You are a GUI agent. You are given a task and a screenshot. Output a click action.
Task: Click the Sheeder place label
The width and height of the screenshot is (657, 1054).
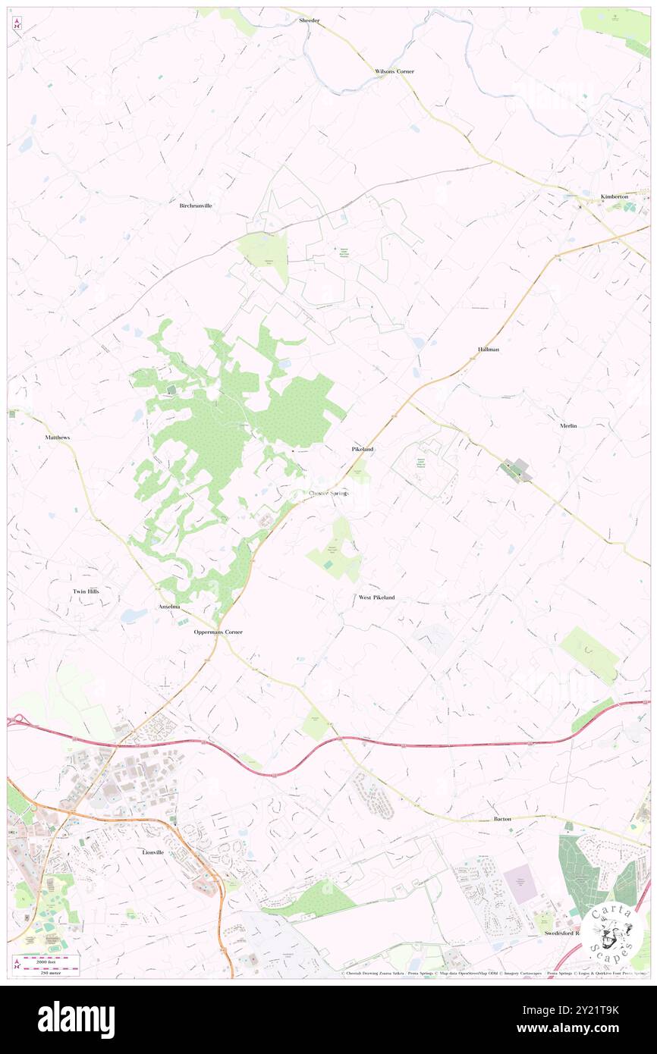click(309, 20)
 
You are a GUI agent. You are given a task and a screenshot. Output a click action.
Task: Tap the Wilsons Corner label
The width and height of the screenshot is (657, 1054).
click(395, 71)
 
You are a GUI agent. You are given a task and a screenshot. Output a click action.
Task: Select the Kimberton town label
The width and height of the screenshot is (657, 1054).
click(615, 196)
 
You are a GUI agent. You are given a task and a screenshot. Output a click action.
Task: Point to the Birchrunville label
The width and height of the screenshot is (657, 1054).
click(195, 205)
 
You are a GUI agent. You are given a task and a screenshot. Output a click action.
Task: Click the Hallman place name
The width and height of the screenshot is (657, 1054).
click(489, 349)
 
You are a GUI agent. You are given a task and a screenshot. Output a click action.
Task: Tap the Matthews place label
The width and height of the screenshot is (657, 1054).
click(57, 438)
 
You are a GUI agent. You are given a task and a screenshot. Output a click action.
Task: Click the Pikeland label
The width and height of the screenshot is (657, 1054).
click(363, 450)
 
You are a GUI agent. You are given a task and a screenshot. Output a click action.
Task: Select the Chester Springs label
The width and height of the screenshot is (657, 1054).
click(329, 494)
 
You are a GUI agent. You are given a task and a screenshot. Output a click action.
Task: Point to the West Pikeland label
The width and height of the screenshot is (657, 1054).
click(376, 598)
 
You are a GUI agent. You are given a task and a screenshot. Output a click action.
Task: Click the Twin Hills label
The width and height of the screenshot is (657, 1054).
click(86, 591)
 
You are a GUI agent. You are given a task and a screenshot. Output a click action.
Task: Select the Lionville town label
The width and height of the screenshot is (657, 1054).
click(153, 852)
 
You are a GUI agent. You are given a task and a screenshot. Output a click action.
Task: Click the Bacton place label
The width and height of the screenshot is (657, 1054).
click(502, 819)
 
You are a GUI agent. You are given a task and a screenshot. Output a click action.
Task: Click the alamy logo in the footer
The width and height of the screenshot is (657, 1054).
click(76, 1019)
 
